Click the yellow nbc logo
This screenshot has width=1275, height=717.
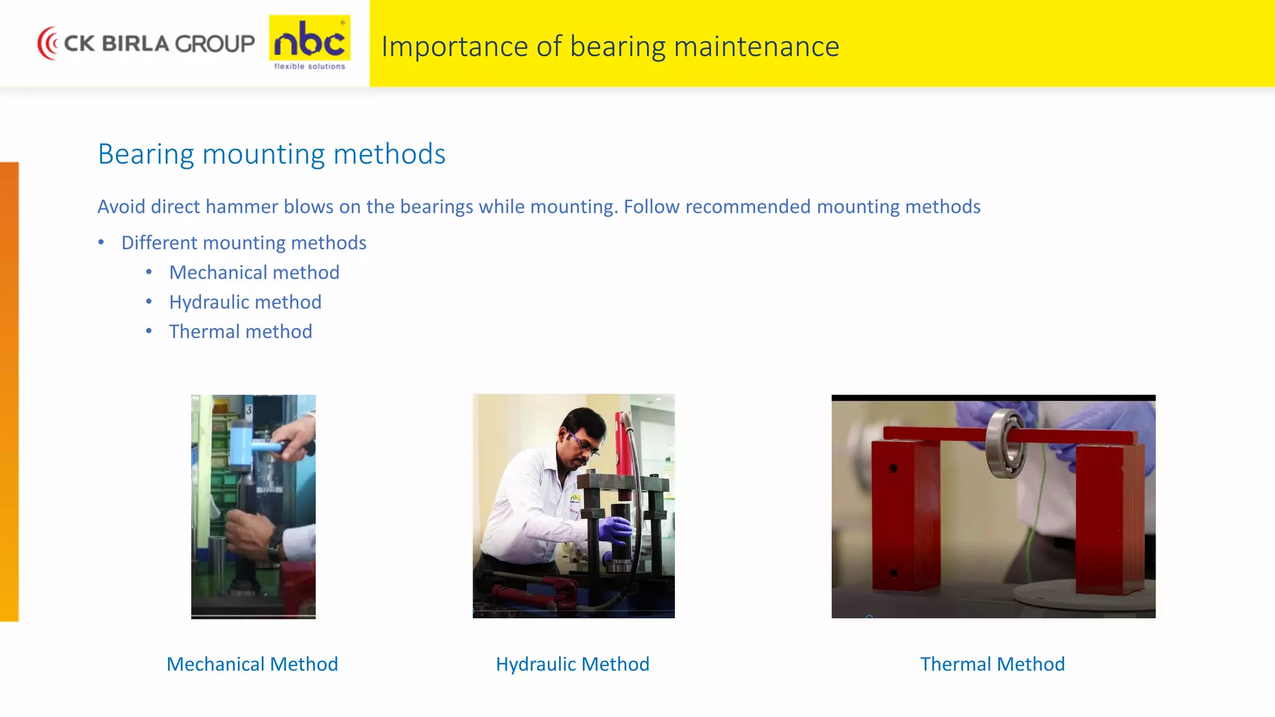pos(309,42)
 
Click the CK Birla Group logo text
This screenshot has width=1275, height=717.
pos(159,44)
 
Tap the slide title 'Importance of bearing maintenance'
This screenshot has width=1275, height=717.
pos(610,47)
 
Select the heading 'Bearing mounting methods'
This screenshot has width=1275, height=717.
pos(271,154)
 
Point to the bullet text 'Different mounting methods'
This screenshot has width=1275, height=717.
pos(243,243)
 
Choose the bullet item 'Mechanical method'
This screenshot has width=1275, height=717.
pos(254,273)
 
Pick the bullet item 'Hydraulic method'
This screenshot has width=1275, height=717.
pos(245,302)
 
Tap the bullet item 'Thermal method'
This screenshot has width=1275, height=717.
pos(240,332)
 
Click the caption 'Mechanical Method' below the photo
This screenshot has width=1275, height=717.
pos(252,664)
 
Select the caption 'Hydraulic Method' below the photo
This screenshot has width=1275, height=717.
pos(572,664)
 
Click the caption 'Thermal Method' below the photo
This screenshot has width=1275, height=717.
pos(992,664)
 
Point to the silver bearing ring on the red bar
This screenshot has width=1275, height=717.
pos(1006,443)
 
